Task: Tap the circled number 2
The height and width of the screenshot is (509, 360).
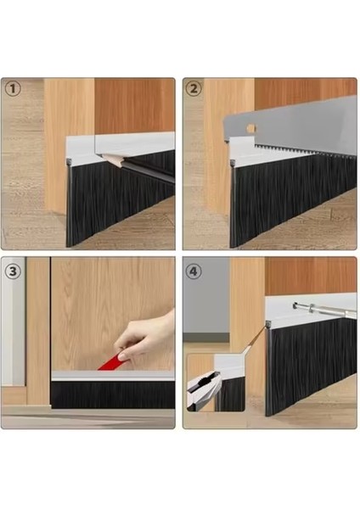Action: tap(194, 88)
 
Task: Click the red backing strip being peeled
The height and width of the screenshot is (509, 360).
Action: tap(110, 363)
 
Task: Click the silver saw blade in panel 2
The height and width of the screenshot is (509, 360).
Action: tap(297, 119)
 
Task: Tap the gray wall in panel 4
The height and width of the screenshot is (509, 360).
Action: tap(204, 297)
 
